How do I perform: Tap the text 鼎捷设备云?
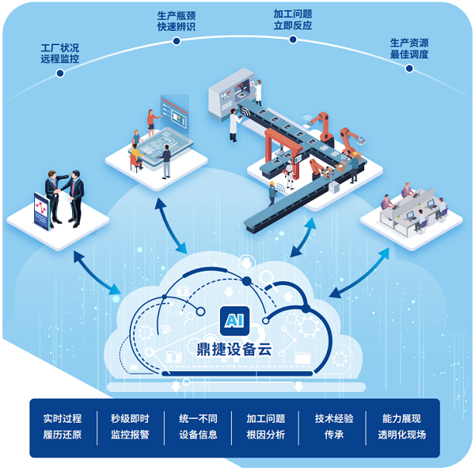(x=234, y=349)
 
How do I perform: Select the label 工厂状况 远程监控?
(x=59, y=53)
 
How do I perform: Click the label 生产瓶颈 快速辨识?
(x=177, y=21)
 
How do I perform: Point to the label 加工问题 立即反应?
(x=292, y=19)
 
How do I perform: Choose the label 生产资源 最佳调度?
(x=409, y=48)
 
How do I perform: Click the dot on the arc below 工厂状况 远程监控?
(x=59, y=73)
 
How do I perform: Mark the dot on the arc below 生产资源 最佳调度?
(x=409, y=68)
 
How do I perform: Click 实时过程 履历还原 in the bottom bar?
(x=63, y=426)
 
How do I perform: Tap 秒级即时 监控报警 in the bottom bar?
(x=130, y=426)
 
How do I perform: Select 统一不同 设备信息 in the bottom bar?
(x=198, y=426)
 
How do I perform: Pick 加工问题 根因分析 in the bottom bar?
(x=266, y=426)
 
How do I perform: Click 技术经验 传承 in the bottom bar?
(x=334, y=426)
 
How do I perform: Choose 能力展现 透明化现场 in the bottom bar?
(x=401, y=426)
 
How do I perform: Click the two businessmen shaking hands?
(x=66, y=194)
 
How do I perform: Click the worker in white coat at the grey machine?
(x=234, y=125)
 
